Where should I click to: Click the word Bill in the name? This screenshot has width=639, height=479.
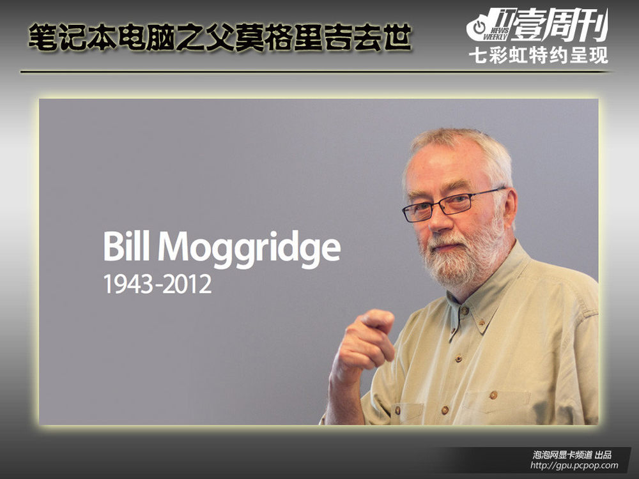(126, 247)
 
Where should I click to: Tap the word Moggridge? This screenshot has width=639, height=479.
(249, 249)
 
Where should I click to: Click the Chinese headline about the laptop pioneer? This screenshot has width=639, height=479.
(220, 38)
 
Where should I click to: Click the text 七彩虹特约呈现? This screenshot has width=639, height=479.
(538, 56)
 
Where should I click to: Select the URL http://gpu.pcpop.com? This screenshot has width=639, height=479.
(574, 465)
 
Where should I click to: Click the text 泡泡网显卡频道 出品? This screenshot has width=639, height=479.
(572, 455)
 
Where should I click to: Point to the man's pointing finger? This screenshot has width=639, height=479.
(377, 319)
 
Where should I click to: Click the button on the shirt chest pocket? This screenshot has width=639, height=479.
(494, 395)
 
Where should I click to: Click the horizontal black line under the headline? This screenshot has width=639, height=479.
(316, 72)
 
